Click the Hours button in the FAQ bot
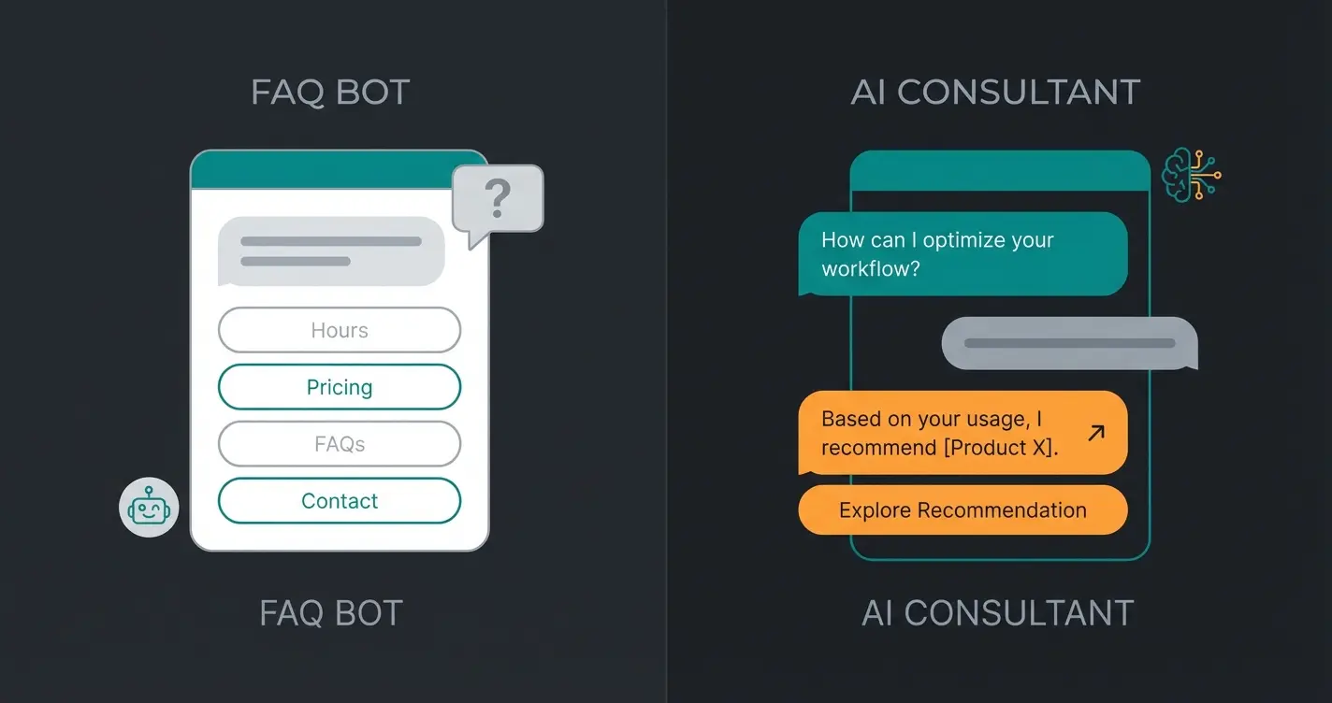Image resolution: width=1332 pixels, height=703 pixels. (340, 330)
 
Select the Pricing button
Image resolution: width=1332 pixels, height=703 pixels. (340, 387)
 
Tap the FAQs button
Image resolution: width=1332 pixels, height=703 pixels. (340, 444)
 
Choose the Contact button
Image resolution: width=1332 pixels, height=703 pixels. (340, 501)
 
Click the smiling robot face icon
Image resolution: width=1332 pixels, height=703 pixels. (149, 508)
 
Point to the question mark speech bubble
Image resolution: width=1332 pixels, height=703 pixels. (498, 198)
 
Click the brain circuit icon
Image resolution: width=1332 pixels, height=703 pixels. (1190, 175)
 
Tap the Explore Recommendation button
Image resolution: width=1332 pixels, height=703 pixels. (963, 510)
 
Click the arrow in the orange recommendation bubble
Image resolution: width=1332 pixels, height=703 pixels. (1096, 433)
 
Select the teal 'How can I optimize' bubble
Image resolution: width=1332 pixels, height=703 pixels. (963, 254)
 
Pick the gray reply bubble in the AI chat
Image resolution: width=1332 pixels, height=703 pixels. (1069, 343)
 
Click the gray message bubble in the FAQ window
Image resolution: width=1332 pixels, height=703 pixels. (331, 251)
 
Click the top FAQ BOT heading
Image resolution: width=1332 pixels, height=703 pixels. (330, 93)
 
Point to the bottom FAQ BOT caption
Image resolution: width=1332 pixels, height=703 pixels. (330, 613)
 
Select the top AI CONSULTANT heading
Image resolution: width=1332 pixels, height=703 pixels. (995, 93)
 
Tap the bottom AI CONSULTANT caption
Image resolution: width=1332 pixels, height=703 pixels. (997, 613)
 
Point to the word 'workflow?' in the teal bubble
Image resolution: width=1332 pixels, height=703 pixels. (870, 269)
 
